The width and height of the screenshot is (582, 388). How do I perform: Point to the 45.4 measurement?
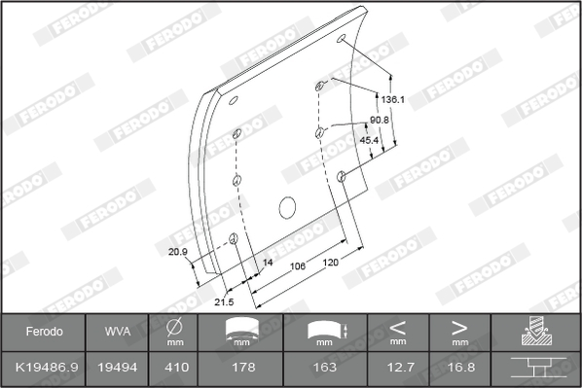tap(370, 140)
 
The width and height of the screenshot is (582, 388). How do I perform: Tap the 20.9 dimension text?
tap(177, 252)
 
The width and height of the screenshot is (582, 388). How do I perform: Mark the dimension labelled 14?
tap(268, 264)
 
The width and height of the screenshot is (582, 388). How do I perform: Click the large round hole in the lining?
tap(287, 207)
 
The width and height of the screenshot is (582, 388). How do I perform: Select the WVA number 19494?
tap(110, 368)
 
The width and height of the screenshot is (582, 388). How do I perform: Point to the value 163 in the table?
tap(325, 368)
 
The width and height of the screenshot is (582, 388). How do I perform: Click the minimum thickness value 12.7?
tap(397, 368)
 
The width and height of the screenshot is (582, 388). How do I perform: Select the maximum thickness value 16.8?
tap(459, 368)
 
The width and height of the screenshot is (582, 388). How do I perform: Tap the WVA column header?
tap(110, 332)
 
